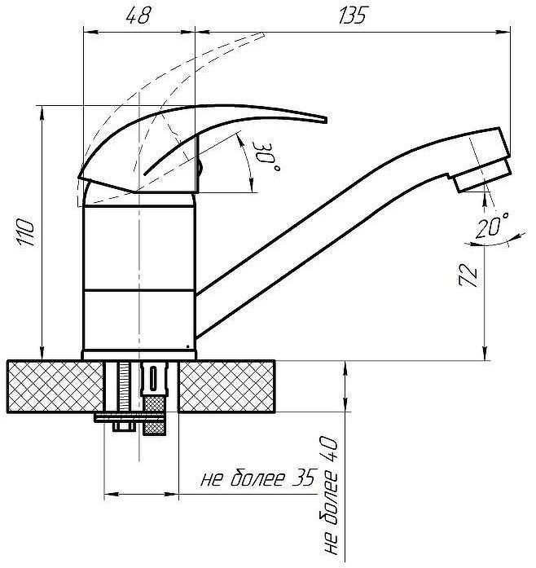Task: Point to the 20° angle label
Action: pos(491,228)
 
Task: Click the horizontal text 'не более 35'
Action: pos(257,479)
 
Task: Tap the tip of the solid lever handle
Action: pos(323,121)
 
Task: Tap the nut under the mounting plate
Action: pos(125,427)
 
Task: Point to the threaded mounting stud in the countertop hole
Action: pos(123,387)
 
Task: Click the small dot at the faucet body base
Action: pos(189,348)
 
